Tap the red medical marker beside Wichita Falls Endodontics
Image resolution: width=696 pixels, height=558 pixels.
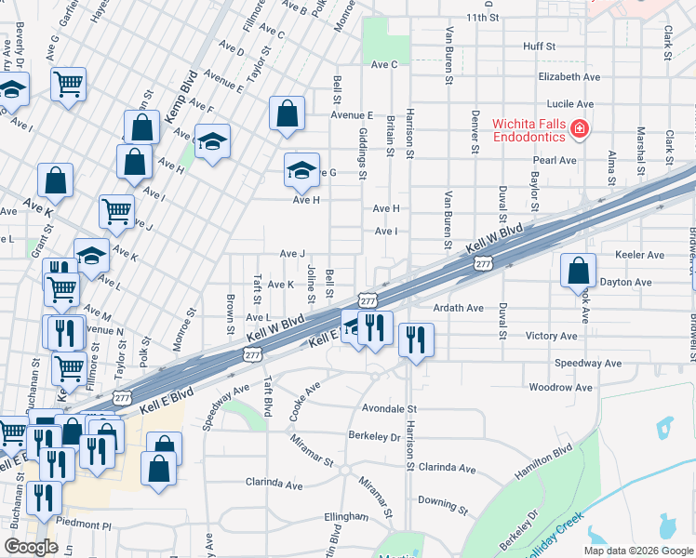581,129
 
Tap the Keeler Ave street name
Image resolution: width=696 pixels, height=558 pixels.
639,255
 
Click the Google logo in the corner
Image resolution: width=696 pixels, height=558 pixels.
31,547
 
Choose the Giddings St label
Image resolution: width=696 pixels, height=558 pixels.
363,154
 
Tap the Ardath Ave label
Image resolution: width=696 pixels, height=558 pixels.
458,308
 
